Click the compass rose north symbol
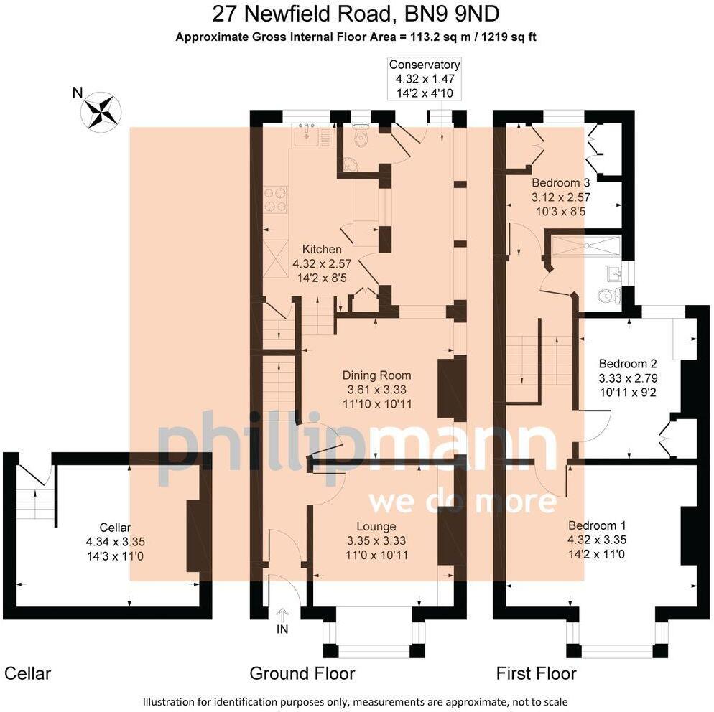tap(101, 112)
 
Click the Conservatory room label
tap(424, 65)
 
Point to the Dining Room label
tap(376, 375)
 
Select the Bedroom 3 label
tap(561, 182)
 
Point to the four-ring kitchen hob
tap(277, 200)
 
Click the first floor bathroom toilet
tap(610, 295)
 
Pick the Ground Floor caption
tap(302, 673)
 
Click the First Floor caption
tap(536, 673)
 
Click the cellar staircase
tap(34, 503)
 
